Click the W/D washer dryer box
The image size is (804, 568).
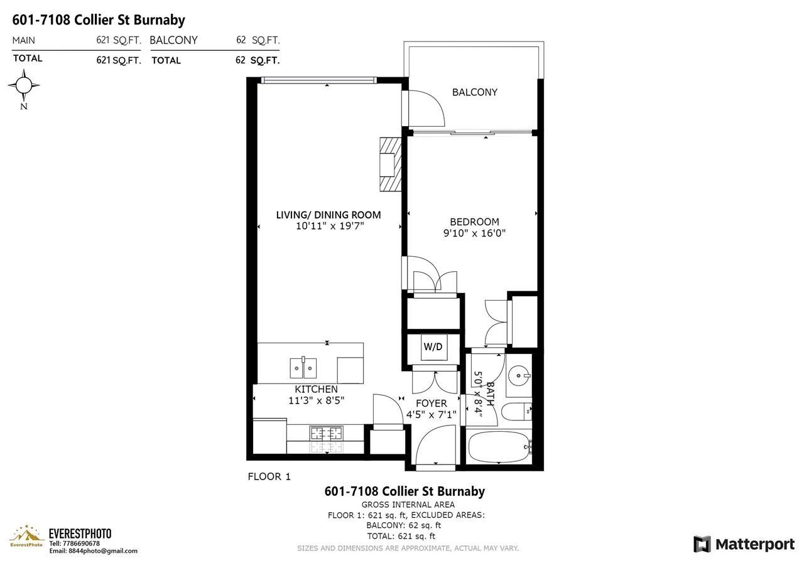(x=433, y=347)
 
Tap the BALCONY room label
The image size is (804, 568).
(x=475, y=92)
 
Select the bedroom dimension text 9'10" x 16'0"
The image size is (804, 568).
(x=474, y=233)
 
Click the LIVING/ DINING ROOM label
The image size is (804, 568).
(x=329, y=215)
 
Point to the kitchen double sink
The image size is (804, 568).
(x=302, y=367)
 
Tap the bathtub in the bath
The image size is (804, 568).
(x=499, y=446)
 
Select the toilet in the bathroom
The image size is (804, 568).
(x=519, y=412)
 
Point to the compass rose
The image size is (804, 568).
(x=24, y=85)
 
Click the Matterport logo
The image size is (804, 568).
(x=744, y=544)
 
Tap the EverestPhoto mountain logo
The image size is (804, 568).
(x=26, y=537)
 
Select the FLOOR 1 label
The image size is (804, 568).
(x=269, y=476)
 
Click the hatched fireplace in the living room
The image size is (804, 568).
(x=390, y=164)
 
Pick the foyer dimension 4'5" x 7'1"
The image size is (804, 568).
(x=432, y=415)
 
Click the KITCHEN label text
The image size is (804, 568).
(x=316, y=389)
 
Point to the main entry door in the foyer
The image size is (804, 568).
(x=435, y=446)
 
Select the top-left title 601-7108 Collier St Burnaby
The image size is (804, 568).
(x=99, y=20)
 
